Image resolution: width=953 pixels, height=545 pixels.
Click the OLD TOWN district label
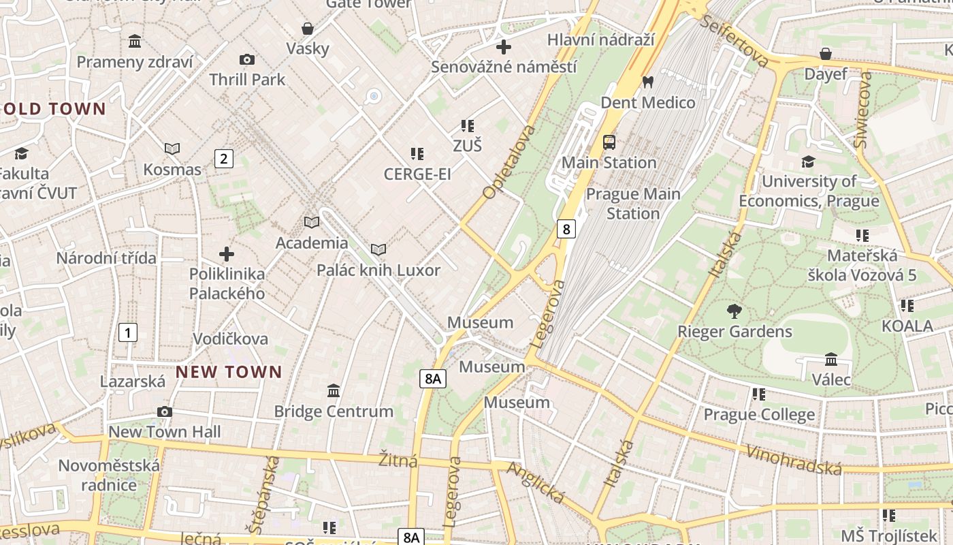pyautogui.click(x=54, y=109)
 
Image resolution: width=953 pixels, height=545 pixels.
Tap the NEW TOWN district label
pyautogui.click(x=229, y=372)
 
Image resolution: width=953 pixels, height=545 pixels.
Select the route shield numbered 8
pyautogui.click(x=566, y=229)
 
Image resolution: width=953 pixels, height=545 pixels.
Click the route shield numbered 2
pyautogui.click(x=223, y=159)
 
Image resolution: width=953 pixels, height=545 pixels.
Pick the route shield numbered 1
pyautogui.click(x=127, y=332)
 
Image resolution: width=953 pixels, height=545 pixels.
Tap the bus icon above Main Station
pyautogui.click(x=609, y=142)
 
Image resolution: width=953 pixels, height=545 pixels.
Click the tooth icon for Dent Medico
pyautogui.click(x=648, y=82)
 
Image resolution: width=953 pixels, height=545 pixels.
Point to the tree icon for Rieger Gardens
pyautogui.click(x=734, y=311)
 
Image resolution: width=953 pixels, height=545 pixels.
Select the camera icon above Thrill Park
pyautogui.click(x=247, y=60)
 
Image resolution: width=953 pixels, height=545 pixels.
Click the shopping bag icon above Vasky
pyautogui.click(x=308, y=29)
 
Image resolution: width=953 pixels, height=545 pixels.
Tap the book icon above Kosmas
pyautogui.click(x=172, y=149)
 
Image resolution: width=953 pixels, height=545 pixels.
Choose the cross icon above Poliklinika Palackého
pyautogui.click(x=227, y=254)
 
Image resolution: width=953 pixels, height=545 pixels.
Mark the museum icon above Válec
pyautogui.click(x=831, y=359)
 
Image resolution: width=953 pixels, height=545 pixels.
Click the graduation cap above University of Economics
pyautogui.click(x=808, y=161)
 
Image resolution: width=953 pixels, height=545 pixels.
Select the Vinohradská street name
pyautogui.click(x=794, y=460)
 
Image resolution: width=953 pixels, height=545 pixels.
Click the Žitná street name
pyautogui.click(x=398, y=461)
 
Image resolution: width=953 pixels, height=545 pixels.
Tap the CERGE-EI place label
pyautogui.click(x=417, y=174)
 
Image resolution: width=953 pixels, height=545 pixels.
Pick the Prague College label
pyautogui.click(x=758, y=415)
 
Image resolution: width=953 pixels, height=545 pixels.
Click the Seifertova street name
pyautogui.click(x=737, y=42)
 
